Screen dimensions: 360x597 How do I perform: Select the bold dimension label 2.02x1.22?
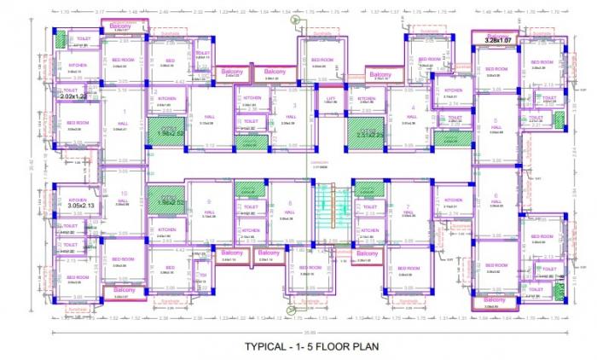pos(76,96)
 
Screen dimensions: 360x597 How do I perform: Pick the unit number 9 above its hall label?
pos(208,201)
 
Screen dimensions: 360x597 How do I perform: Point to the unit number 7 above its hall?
pos(409,206)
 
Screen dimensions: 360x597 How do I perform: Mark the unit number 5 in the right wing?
pos(495,120)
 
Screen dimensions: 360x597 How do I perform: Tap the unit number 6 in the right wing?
pos(495,195)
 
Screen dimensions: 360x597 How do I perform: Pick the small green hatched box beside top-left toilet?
pos(61,38)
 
